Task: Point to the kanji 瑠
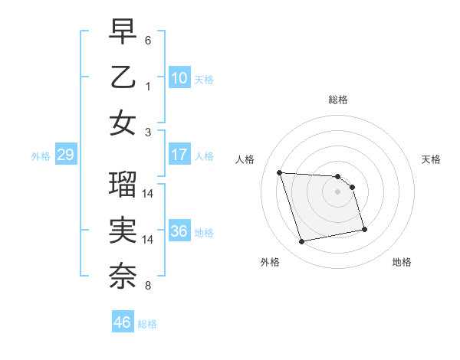coord(123,184)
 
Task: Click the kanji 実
coord(123,231)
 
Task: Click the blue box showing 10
coord(179,77)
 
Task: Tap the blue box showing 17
coord(179,155)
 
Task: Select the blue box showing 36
coord(179,231)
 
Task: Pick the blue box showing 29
coord(65,155)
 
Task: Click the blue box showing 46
coord(122,322)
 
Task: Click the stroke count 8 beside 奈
coord(148,286)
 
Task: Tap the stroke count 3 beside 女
coord(148,132)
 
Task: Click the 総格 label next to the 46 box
coord(147,324)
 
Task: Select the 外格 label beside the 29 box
coord(41,156)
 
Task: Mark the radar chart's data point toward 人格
coord(279,172)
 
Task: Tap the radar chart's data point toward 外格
coord(302,242)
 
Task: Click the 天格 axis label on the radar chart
coord(431,159)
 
